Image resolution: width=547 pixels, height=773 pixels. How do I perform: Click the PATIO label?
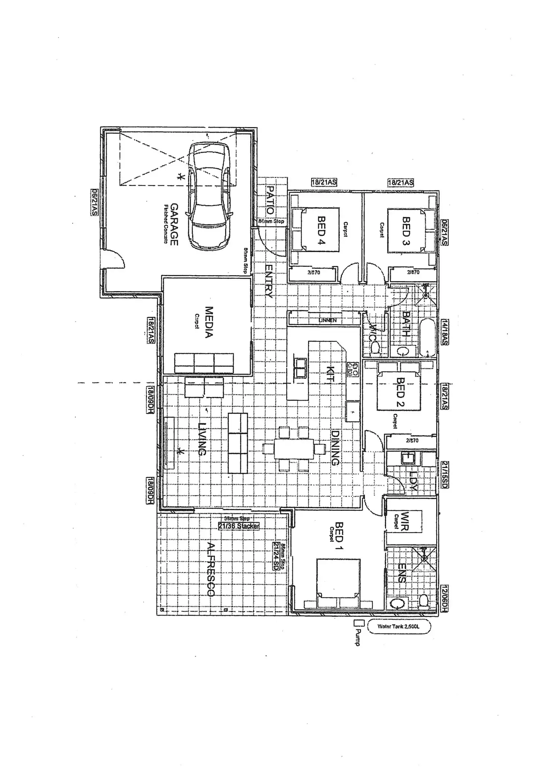[271, 200]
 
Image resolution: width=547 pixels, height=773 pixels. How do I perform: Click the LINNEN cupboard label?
[327, 320]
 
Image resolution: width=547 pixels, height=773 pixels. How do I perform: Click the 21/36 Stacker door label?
[239, 526]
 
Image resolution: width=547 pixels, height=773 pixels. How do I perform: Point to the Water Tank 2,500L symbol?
[398, 626]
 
